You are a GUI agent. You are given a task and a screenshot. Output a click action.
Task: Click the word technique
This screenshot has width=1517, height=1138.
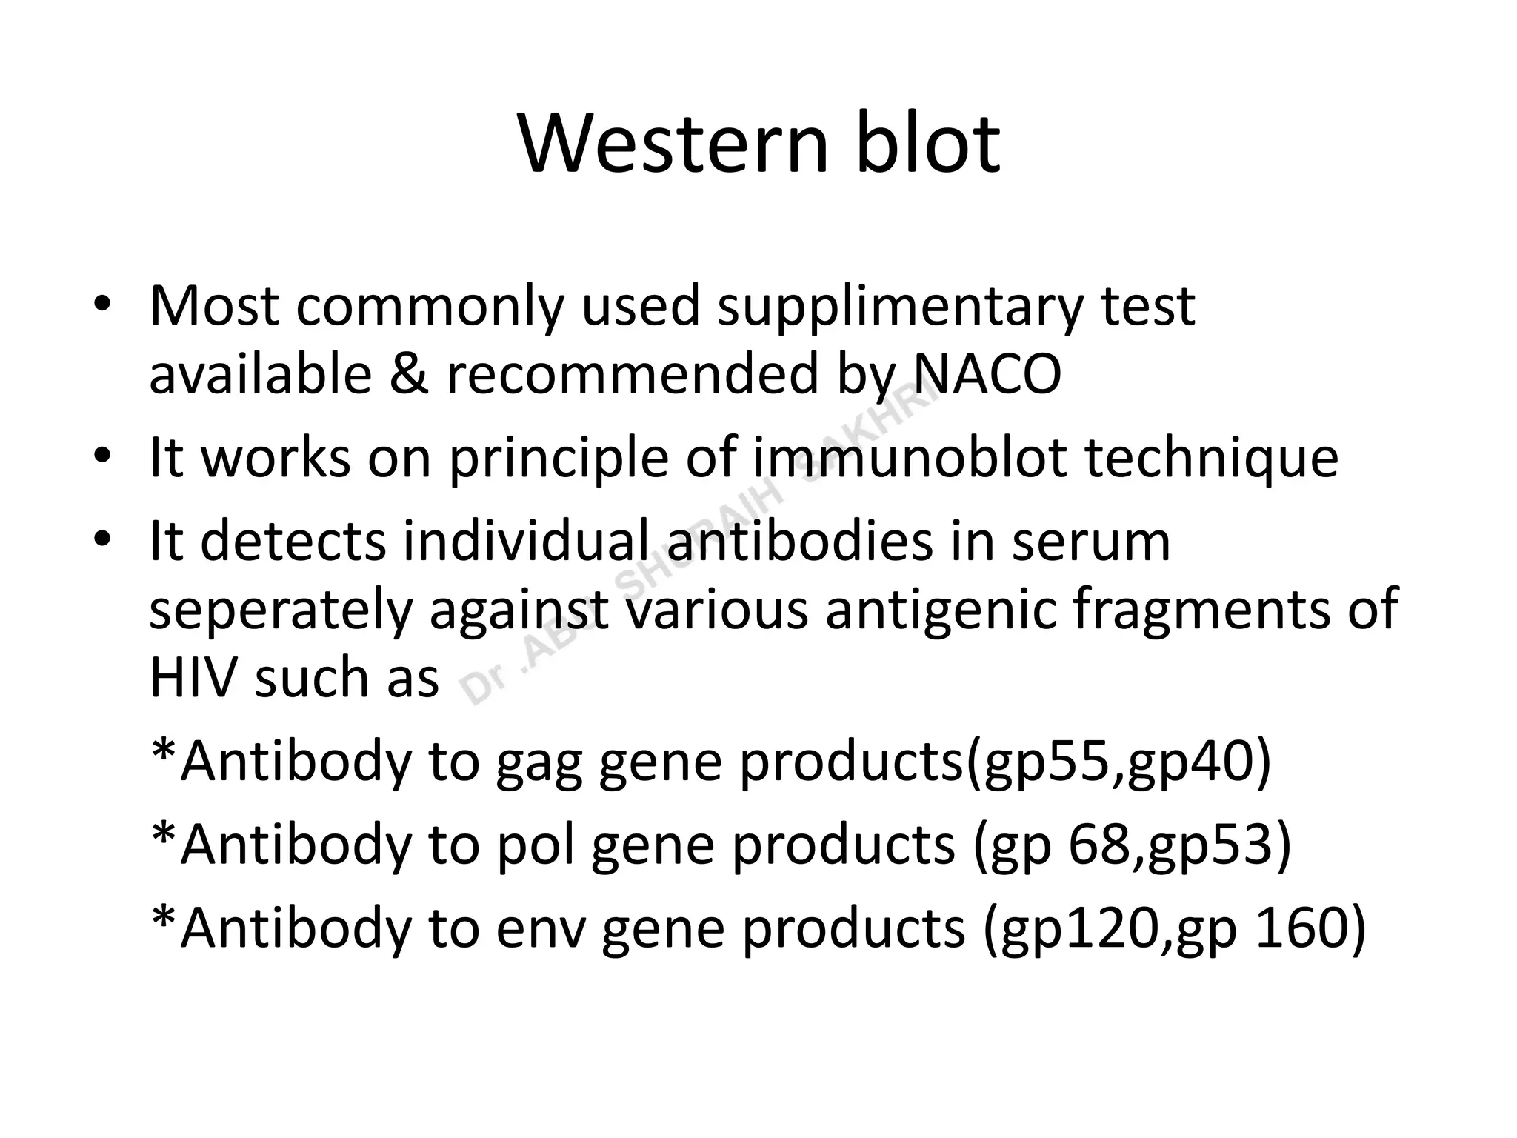[1212, 459]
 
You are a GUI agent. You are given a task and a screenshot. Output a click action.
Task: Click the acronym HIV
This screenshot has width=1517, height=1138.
[194, 678]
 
